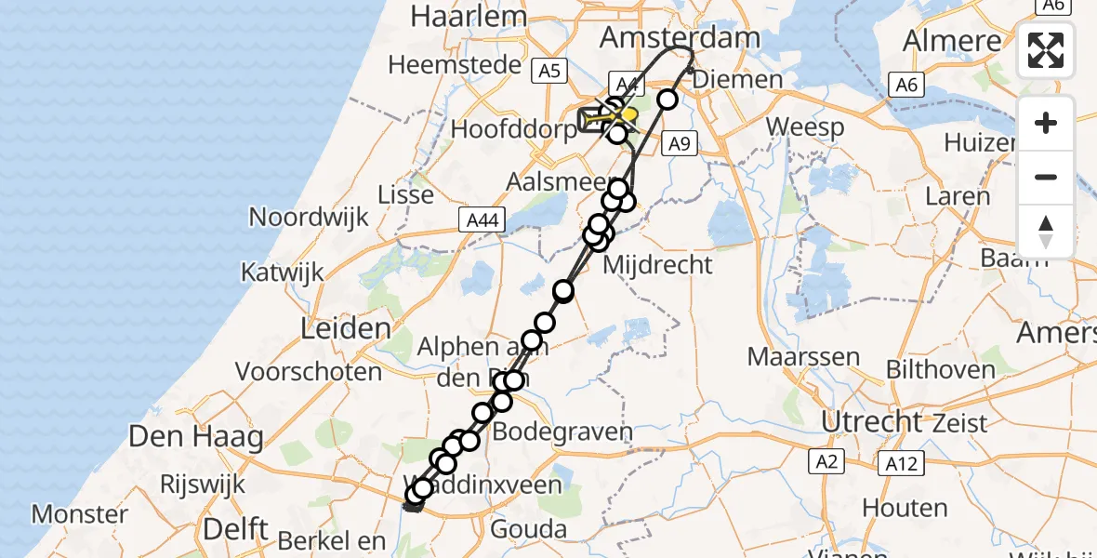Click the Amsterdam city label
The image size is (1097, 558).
pyautogui.click(x=680, y=37)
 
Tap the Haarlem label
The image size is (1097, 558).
pyautogui.click(x=456, y=16)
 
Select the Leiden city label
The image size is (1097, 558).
pyautogui.click(x=345, y=328)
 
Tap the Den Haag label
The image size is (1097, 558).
pyautogui.click(x=195, y=436)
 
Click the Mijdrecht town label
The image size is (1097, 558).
pyautogui.click(x=657, y=265)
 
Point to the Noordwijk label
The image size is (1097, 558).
pyautogui.click(x=309, y=218)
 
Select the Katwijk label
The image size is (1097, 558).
pyautogui.click(x=282, y=272)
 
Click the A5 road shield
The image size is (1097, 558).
pyautogui.click(x=549, y=71)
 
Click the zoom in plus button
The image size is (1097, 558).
pyautogui.click(x=1046, y=123)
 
